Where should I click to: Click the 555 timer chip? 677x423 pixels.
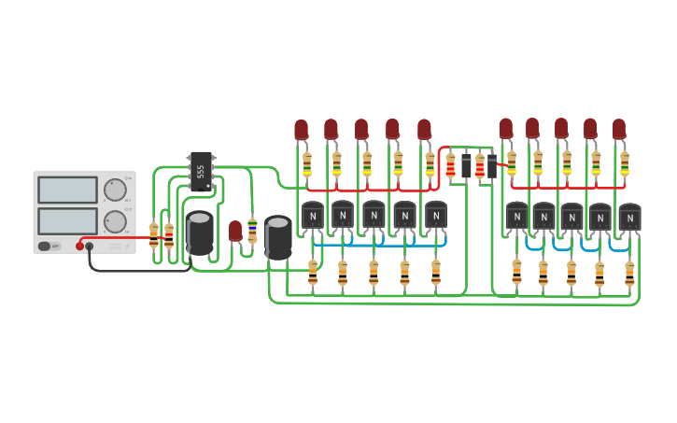pos(201,171)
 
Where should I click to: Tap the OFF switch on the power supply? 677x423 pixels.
pos(44,246)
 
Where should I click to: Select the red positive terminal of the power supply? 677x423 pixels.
pos(80,247)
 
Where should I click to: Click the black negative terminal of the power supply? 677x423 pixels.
pos(90,247)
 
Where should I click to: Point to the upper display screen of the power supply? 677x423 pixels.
pos(67,190)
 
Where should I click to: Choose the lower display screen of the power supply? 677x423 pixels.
pos(67,221)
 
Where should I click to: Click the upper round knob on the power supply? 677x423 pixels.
pos(115,190)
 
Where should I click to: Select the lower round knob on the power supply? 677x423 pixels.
pos(115,221)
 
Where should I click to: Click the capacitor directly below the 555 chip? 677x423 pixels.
pos(199,233)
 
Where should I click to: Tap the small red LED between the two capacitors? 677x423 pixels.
pos(235,230)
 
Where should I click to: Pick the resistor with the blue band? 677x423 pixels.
pos(252,225)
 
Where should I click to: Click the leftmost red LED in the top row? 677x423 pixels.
pos(301,130)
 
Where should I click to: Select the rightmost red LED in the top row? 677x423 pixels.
pos(619,129)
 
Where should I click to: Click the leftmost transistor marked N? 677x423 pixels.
pos(313,216)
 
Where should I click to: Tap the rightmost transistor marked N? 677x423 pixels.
pos(630,218)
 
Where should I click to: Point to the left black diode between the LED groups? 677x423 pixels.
pos(466,166)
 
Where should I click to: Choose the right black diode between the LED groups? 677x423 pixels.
pos(492,166)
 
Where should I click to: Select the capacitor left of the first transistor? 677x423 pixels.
pos(277,237)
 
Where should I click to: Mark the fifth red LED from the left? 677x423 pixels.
pos(425,129)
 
